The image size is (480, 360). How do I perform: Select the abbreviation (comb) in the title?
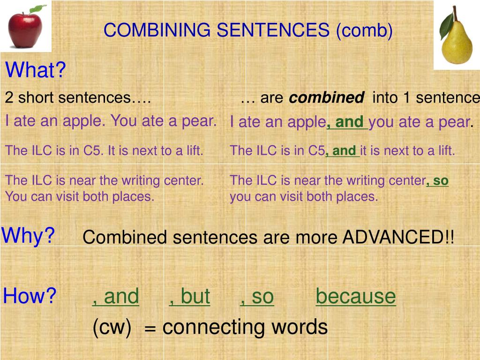[x=364, y=30]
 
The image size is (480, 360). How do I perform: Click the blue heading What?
[x=36, y=71]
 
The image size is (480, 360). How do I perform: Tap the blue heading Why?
[x=29, y=235]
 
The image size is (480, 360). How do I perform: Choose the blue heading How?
[x=30, y=296]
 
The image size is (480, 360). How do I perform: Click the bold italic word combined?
[x=326, y=98]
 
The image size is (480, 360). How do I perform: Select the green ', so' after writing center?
[x=437, y=180]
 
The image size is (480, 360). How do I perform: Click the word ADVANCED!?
[x=398, y=237]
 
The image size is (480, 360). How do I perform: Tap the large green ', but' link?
[x=189, y=296]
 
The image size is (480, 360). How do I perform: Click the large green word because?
[x=355, y=296]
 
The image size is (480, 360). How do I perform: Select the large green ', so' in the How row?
[x=256, y=296]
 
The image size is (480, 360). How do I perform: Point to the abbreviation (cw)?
[x=112, y=327]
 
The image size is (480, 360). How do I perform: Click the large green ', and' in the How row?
[x=115, y=296]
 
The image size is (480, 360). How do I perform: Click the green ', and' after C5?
[x=342, y=151]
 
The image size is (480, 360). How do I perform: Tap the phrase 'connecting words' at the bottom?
[x=245, y=327]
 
